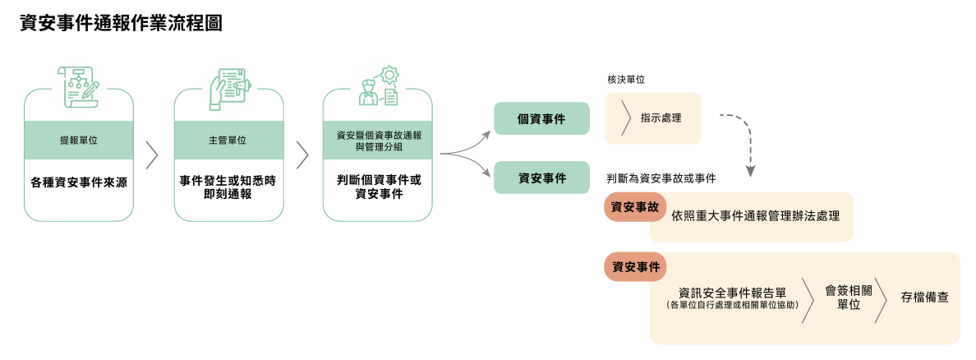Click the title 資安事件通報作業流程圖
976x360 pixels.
(x=121, y=24)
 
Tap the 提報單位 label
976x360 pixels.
(x=79, y=141)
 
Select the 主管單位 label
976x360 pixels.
(x=228, y=141)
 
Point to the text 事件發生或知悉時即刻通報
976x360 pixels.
(x=228, y=187)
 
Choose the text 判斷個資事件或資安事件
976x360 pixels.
(x=378, y=187)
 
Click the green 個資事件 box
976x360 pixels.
(x=541, y=118)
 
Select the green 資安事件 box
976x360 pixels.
(x=541, y=178)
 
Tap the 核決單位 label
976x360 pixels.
(x=625, y=80)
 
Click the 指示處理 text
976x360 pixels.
(x=661, y=118)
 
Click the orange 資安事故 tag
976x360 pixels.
(x=634, y=207)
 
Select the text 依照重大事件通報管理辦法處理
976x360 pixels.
(x=755, y=216)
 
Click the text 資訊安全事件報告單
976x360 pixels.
(x=734, y=292)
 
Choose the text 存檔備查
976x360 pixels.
(x=924, y=297)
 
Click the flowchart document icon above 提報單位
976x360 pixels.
(x=78, y=85)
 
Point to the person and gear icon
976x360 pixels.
(x=378, y=85)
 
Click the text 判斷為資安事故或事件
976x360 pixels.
(x=661, y=178)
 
